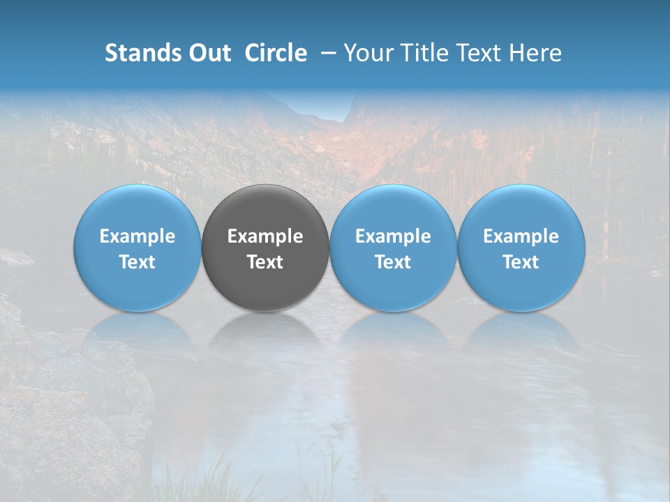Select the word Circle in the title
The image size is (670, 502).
pyautogui.click(x=276, y=53)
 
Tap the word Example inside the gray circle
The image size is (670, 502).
pyautogui.click(x=265, y=236)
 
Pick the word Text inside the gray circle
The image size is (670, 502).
pyautogui.click(x=265, y=262)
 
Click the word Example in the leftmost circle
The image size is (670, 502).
pyautogui.click(x=137, y=236)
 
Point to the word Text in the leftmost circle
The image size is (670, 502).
pyautogui.click(x=137, y=262)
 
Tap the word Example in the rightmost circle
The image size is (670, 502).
pyautogui.click(x=521, y=236)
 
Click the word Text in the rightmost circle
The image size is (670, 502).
pyautogui.click(x=521, y=262)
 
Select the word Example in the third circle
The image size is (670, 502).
pyautogui.click(x=393, y=236)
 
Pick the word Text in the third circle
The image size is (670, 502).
pyautogui.click(x=393, y=262)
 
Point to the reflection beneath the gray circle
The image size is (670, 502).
pyautogui.click(x=265, y=335)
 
